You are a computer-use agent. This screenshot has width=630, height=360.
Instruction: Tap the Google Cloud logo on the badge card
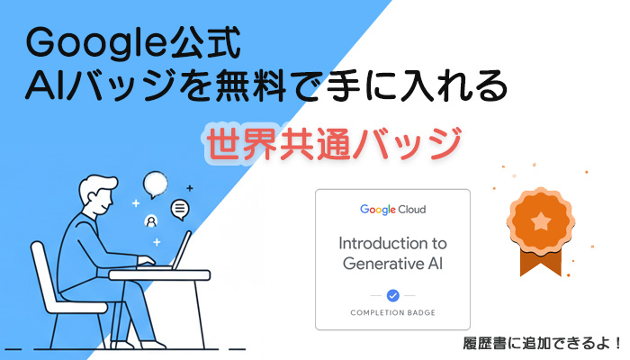point(393,210)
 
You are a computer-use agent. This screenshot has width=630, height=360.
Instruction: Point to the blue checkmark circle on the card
point(392,295)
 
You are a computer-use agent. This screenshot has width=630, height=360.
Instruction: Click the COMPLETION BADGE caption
point(393,312)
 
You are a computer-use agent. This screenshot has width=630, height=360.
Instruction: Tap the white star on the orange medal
point(538,218)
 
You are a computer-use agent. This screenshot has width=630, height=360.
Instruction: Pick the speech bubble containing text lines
point(181,209)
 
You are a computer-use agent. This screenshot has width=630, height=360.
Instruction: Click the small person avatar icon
point(151,220)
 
